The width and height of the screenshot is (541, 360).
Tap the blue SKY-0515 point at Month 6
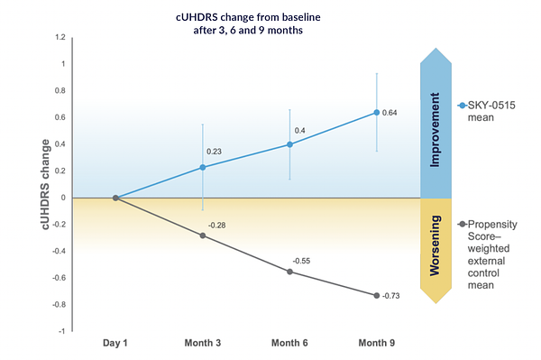pos(289,144)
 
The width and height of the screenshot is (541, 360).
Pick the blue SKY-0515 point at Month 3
pos(202,167)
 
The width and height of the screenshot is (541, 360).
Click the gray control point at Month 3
pos(202,235)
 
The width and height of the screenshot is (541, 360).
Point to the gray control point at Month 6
pos(289,272)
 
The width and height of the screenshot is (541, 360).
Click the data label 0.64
pos(390,113)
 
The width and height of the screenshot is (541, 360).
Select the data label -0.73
pos(391,296)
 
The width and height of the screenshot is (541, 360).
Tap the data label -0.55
pos(304,261)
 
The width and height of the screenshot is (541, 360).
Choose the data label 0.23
pos(214,152)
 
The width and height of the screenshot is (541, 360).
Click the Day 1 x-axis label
pos(115,343)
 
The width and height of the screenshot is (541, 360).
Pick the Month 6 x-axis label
pos(289,343)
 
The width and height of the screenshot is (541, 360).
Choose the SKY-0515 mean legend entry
pos(492,112)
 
